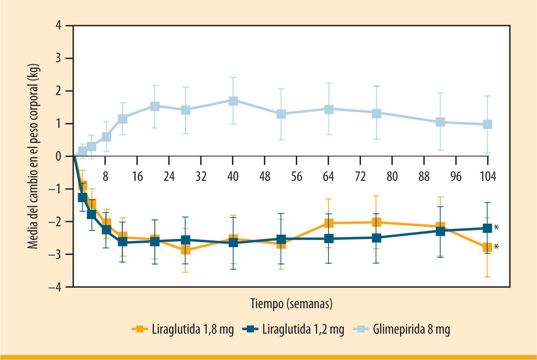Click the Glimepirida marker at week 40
click(233, 101)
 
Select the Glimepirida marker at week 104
click(487, 125)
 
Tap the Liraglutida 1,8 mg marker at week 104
click(487, 247)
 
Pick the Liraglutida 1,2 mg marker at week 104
click(487, 228)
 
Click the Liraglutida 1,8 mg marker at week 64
click(328, 223)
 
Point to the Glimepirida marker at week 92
click(441, 122)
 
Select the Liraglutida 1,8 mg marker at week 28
click(186, 250)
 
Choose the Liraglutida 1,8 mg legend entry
click(183, 329)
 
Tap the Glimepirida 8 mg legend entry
click(402, 329)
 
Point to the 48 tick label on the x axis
click(265, 176)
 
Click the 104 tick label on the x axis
click(488, 176)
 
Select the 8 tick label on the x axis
click(105, 176)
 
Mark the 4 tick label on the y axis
click(59, 26)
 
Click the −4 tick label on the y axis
click(55, 287)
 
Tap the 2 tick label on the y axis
click(59, 91)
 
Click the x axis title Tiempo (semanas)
click(291, 303)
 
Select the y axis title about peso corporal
click(34, 156)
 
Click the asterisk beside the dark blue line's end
click(496, 228)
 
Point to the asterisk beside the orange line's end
click(496, 247)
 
